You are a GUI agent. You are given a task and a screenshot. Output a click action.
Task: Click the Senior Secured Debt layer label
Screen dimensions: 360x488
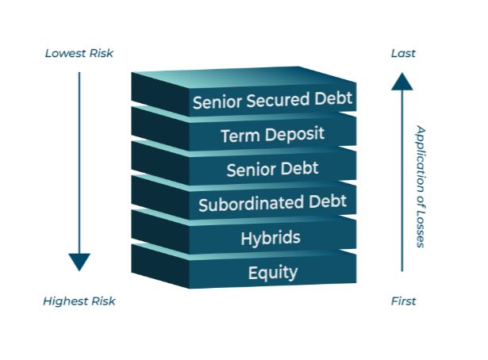point(272,101)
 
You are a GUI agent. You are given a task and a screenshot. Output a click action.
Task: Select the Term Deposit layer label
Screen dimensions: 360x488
point(272,135)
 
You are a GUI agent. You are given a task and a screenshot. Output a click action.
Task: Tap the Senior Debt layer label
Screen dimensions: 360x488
point(272,169)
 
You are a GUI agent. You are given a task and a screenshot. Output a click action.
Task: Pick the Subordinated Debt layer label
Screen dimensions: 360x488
point(272,203)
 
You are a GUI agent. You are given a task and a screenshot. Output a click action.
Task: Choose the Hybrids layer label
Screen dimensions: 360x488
point(272,237)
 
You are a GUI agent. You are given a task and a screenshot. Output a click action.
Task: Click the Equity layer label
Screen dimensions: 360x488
point(272,273)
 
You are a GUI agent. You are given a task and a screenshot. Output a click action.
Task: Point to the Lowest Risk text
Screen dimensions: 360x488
point(79,54)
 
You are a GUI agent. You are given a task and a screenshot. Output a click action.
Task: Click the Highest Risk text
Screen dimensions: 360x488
point(79,301)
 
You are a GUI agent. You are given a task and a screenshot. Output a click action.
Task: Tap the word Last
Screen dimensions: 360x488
point(403,54)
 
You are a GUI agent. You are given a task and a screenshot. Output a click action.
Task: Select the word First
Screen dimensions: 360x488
point(403,301)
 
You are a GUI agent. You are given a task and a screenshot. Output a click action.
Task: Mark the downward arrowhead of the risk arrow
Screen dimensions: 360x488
point(79,262)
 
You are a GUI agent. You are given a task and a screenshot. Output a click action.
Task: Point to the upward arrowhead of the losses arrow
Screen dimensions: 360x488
point(402,80)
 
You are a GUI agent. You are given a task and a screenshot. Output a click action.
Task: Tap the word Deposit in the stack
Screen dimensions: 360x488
point(294,134)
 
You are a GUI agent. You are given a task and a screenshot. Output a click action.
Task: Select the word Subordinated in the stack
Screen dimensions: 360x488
point(246,204)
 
